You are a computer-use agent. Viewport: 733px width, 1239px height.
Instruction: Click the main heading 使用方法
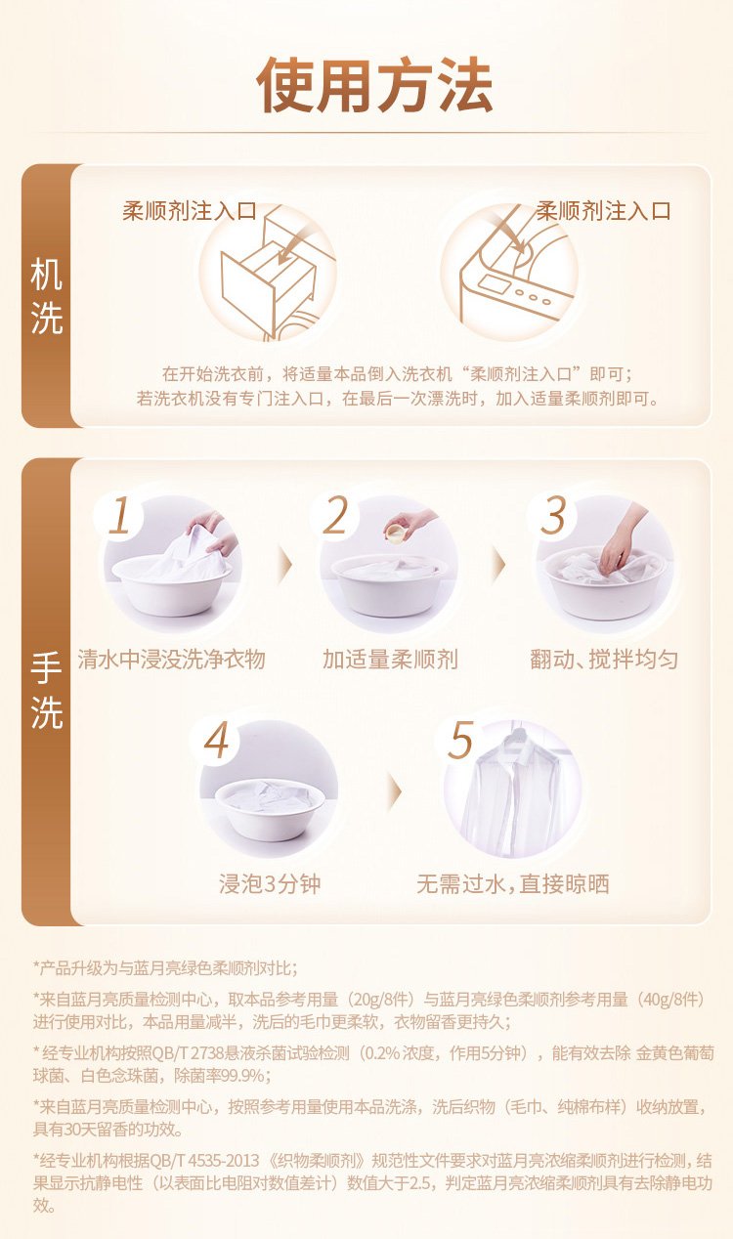point(374,85)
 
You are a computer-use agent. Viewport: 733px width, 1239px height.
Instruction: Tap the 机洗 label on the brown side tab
point(47,296)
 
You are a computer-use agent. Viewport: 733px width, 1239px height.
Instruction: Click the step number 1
point(119,516)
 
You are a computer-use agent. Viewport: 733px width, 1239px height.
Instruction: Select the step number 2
point(335,516)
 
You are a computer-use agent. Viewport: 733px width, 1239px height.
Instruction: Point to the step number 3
point(552,516)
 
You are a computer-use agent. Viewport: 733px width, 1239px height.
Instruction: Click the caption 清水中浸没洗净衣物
point(171,660)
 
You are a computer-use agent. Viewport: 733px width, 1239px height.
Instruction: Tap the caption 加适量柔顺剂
point(390,660)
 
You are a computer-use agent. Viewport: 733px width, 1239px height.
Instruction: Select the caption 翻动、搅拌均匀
point(604,660)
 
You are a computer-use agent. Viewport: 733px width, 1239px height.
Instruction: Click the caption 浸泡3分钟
point(270,884)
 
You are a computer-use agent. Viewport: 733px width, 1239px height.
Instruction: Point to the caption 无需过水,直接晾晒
point(513,884)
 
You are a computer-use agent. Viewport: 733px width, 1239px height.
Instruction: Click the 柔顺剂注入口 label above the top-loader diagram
point(603,211)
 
